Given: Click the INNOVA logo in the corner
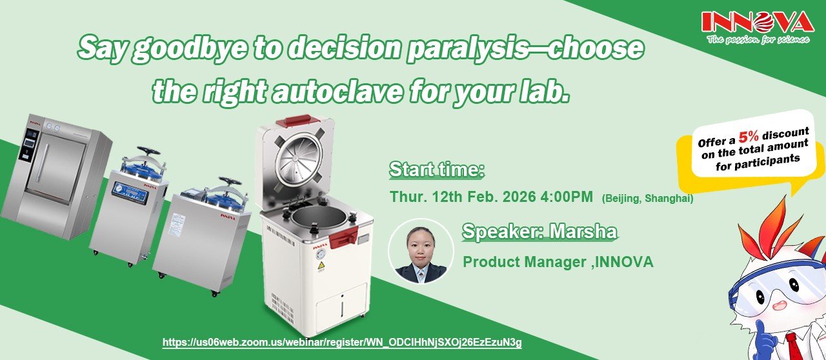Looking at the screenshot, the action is (x=758, y=28).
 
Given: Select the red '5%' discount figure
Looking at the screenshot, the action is (x=748, y=137).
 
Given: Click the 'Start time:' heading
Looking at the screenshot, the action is (x=437, y=170).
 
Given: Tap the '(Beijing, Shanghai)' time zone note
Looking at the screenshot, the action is (x=647, y=199).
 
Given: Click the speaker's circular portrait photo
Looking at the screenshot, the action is (x=421, y=251).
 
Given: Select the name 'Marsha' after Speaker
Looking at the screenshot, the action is (x=583, y=232).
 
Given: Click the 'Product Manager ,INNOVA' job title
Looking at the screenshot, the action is (x=558, y=262).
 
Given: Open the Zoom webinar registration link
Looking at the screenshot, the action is (x=342, y=343).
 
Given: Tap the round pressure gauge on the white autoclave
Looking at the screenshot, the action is (x=321, y=254).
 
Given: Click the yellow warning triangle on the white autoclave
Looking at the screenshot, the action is (x=321, y=266).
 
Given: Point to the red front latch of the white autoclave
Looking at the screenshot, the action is (x=343, y=237).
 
